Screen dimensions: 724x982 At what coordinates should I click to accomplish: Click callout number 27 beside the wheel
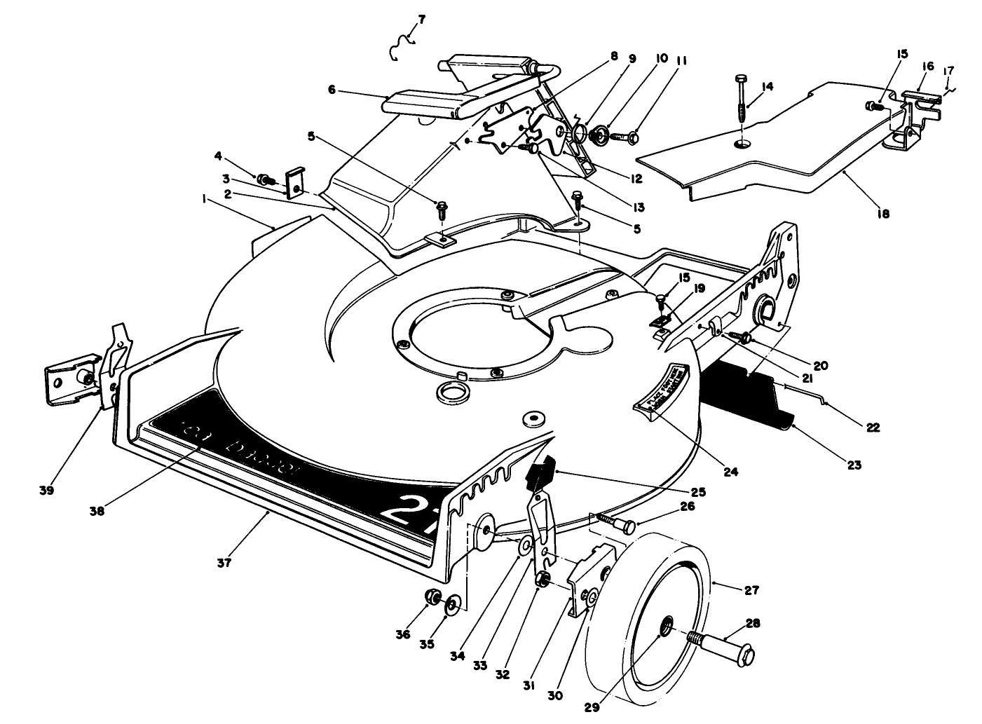751,590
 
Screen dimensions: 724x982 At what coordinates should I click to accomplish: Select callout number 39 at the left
47,491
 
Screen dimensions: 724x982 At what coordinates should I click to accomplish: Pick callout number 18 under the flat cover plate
882,214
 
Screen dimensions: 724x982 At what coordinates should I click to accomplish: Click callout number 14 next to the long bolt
768,86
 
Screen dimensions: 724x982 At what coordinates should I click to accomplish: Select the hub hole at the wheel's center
666,624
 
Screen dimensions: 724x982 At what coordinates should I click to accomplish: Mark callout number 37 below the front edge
224,561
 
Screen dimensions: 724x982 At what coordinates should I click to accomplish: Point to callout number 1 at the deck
204,199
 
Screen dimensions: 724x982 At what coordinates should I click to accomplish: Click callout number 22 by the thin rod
873,427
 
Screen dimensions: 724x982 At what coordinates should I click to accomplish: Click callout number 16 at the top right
927,65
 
